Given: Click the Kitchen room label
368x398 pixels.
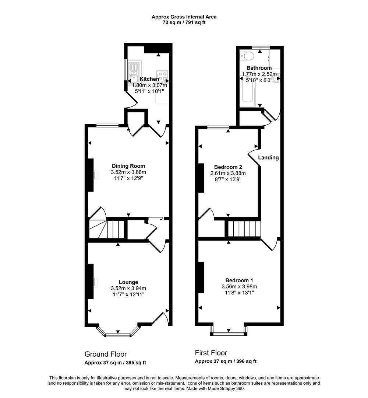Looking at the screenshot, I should tap(149, 79).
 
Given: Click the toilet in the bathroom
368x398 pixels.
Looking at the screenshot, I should tap(246, 56).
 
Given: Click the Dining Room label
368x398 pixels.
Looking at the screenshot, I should tap(128, 166).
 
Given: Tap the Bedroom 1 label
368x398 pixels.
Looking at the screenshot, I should tap(239, 280).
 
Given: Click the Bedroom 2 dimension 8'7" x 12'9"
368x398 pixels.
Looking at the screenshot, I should tap(228, 179).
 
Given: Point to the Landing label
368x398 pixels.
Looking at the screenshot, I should tap(268, 157).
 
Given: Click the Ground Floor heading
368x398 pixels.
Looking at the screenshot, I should tap(106, 354).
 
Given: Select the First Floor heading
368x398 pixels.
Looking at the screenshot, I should tap(211, 353).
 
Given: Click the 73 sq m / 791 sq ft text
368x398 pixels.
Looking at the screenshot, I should tap(184, 22).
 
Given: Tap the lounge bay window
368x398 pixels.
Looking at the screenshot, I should tap(118, 335).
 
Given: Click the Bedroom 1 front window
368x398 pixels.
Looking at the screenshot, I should tap(229, 334).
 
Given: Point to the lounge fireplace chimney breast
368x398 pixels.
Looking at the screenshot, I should tap(89, 281).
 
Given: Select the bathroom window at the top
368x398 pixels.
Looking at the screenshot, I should tap(261, 47).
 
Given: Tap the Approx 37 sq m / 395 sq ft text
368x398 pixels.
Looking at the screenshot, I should tap(115, 363).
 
